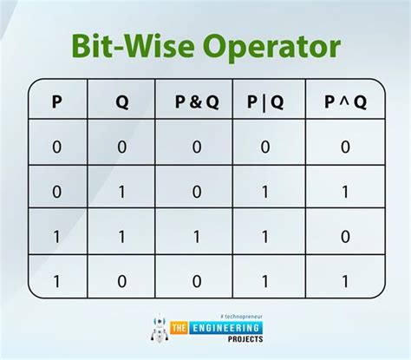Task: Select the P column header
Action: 57,102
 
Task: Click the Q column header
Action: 121,102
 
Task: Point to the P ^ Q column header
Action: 344,102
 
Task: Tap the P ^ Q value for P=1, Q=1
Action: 344,234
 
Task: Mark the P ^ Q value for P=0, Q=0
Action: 344,147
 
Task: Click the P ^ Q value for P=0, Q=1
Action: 344,191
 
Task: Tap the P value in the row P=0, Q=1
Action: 57,191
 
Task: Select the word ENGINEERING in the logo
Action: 226,331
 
